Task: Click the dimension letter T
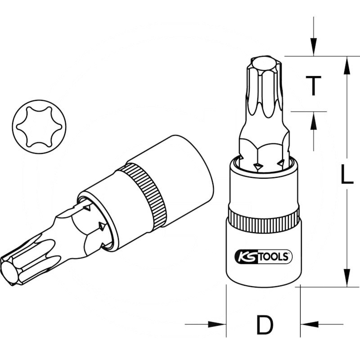click(313, 85)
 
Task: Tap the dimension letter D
click(265, 324)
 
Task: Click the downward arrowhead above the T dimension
click(313, 49)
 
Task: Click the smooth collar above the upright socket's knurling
click(264, 189)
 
